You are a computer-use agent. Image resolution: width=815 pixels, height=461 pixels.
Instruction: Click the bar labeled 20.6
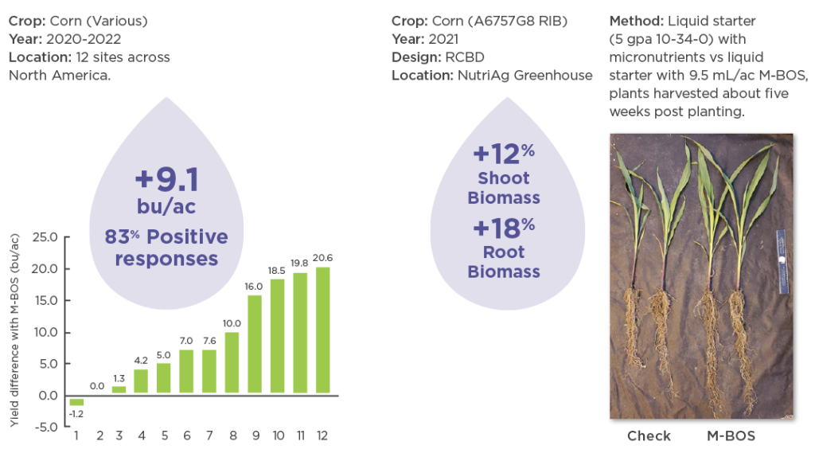pos(323,330)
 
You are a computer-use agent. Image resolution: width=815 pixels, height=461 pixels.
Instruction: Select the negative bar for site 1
pos(76,401)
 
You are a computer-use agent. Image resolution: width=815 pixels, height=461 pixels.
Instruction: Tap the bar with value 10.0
pos(232,363)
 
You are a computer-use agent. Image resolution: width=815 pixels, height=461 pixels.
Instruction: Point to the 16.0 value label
pos(254,287)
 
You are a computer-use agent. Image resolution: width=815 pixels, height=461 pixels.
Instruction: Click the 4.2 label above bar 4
pos(141,360)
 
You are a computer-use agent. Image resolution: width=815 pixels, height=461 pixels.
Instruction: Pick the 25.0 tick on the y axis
pos(45,237)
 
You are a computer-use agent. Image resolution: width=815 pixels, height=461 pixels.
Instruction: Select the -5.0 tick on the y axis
pos(45,428)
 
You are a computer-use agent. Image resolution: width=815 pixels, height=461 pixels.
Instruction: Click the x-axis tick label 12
pos(322,436)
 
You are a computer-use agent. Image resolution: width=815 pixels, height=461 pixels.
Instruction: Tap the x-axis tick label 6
pos(186,436)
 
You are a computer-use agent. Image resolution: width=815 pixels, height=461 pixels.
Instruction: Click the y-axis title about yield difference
pos(14,330)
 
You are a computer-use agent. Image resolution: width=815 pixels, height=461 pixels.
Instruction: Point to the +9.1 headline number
pos(167,179)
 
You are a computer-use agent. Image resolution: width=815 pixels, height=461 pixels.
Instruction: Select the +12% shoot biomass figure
pos(504,154)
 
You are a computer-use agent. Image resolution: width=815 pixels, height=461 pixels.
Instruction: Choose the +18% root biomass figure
pos(504,228)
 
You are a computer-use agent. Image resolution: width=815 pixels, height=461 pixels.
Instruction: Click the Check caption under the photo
pos(649,436)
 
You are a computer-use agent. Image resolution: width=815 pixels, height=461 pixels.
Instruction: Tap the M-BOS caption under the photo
pos(731,436)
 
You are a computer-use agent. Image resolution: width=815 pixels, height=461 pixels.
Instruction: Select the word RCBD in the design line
pos(465,57)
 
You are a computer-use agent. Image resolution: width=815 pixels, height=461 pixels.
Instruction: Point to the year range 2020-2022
pos(83,39)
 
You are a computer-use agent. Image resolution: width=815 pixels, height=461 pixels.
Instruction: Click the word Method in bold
pos(636,21)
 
